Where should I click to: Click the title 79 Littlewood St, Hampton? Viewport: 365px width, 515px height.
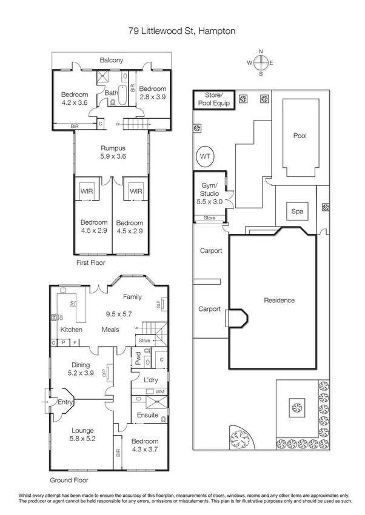182,30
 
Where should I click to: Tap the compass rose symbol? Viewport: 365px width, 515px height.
261,62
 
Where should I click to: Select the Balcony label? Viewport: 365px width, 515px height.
112,60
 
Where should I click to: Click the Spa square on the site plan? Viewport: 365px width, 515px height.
297,211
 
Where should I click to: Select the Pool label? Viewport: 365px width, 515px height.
300,136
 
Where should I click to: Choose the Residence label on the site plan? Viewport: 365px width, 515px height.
279,300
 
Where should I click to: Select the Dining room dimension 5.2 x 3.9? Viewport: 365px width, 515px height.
81,374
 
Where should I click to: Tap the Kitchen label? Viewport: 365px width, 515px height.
71,330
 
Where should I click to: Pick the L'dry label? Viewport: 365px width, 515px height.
151,380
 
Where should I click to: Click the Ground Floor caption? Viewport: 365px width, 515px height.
69,480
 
